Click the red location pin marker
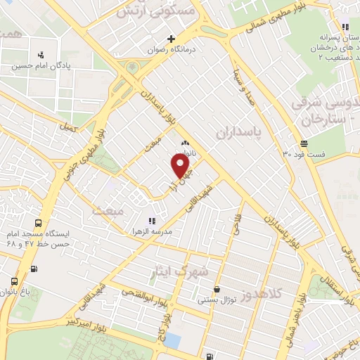pos(181,166)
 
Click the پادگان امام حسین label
pos(39,67)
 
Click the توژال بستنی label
pos(217,300)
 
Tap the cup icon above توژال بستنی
pos(217,289)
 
